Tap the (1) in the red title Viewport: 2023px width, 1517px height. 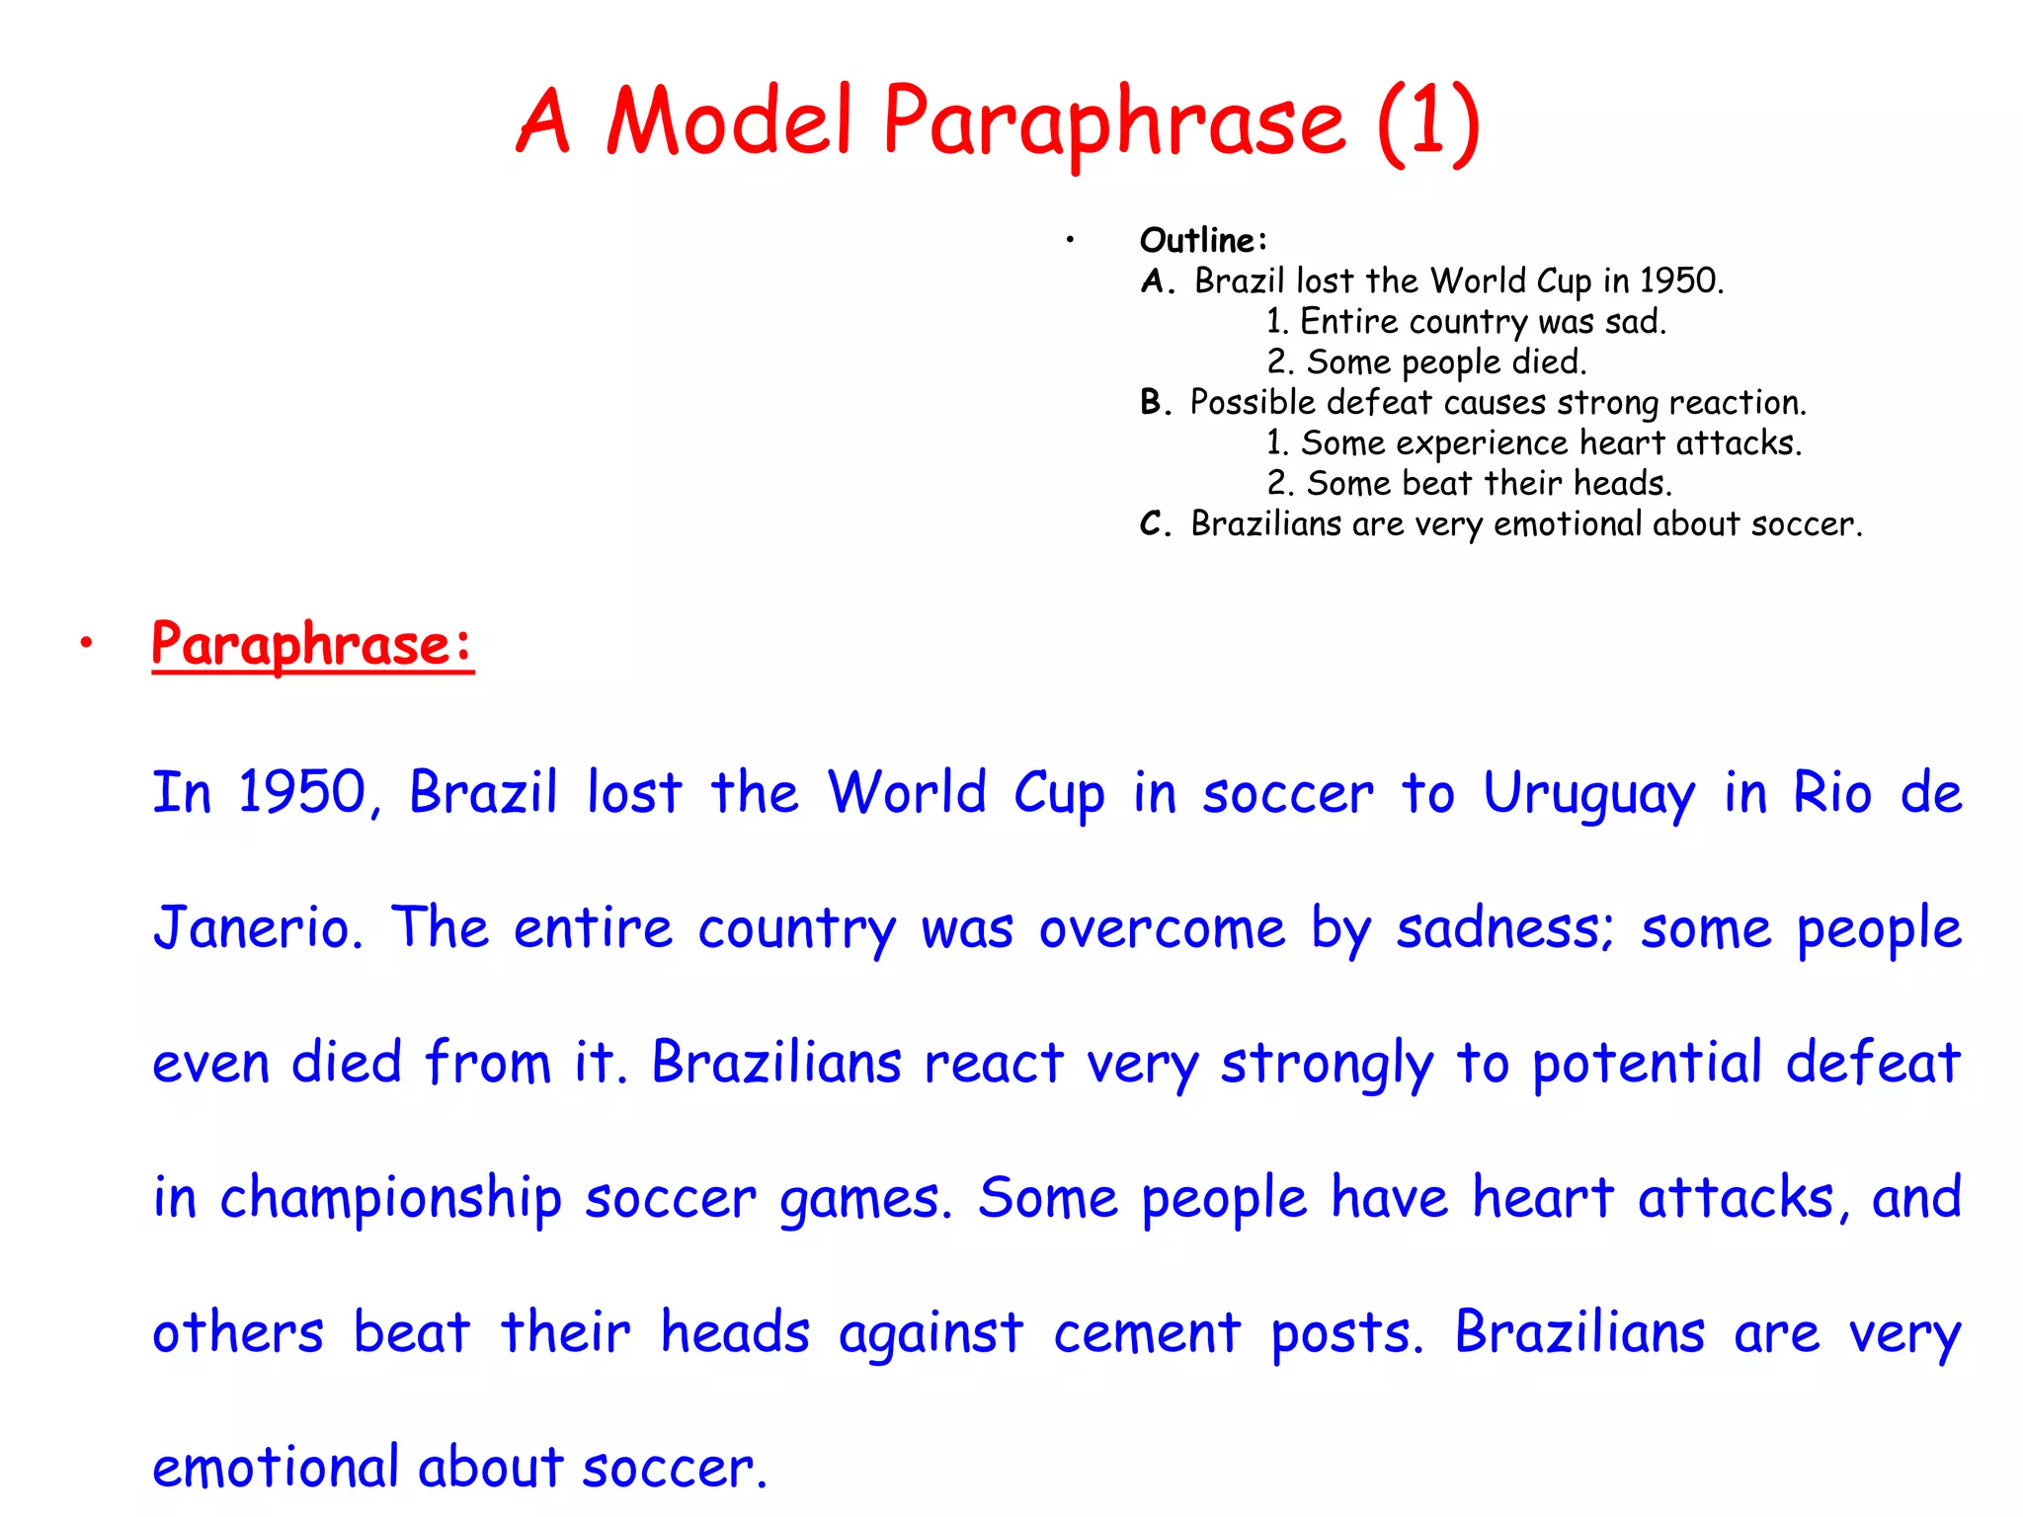1428,122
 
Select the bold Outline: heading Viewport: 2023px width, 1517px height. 1202,240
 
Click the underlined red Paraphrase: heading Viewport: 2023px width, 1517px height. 312,645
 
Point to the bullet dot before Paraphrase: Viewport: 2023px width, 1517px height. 87,644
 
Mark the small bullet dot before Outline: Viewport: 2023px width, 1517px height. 1069,239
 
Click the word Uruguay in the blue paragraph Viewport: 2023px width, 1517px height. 1588,794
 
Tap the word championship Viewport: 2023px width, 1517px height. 390,1198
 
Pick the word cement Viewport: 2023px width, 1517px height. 1146,1333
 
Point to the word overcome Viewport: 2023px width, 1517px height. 1162,929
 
